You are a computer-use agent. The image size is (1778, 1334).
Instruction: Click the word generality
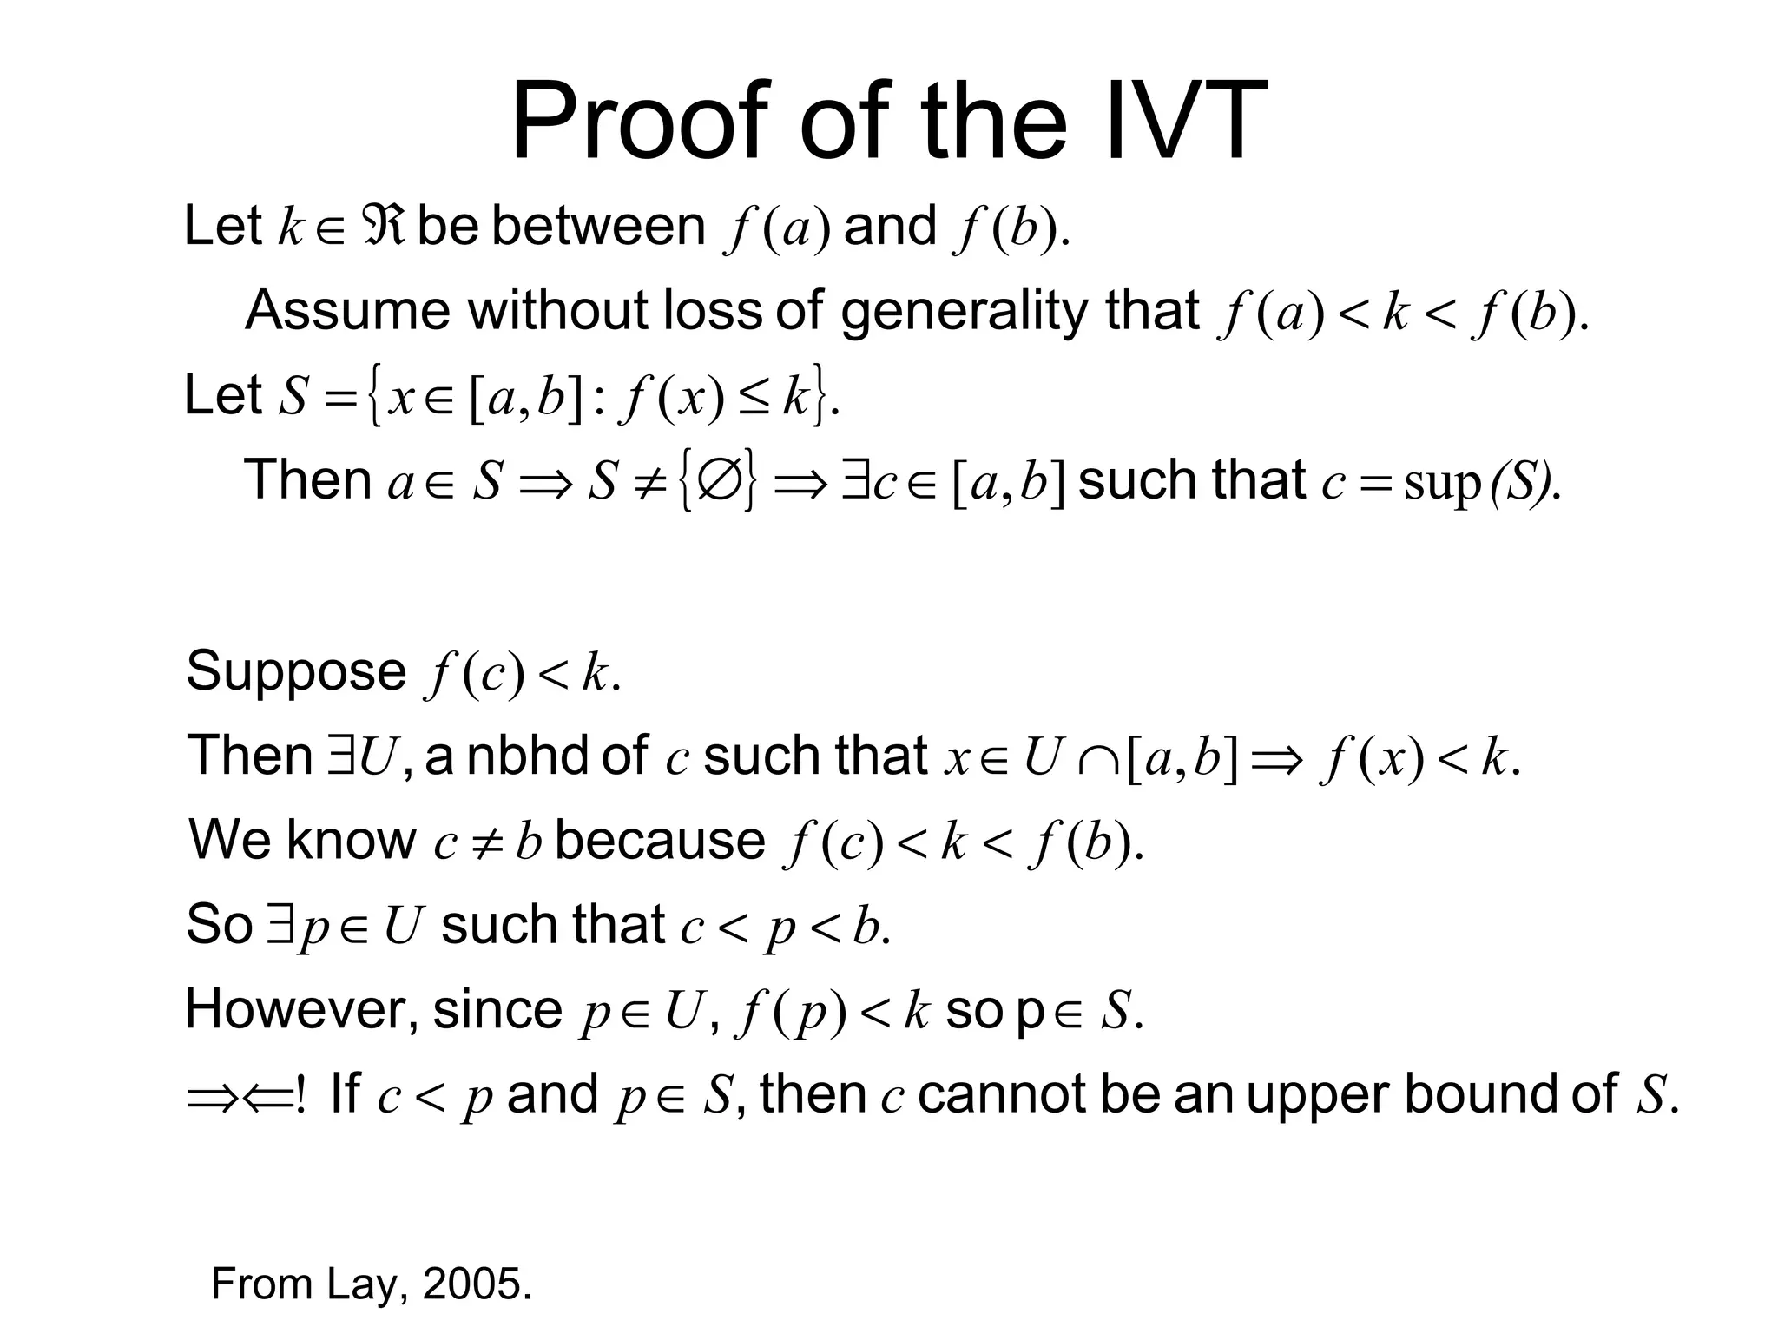coord(964,310)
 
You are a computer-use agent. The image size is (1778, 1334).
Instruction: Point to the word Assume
coord(347,310)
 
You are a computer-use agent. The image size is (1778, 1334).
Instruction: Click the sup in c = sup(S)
coord(1441,483)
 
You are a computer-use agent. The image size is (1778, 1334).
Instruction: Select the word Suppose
coord(296,671)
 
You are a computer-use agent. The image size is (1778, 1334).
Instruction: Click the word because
coord(660,840)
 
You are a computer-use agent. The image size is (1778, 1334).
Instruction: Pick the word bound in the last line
coord(1481,1093)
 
